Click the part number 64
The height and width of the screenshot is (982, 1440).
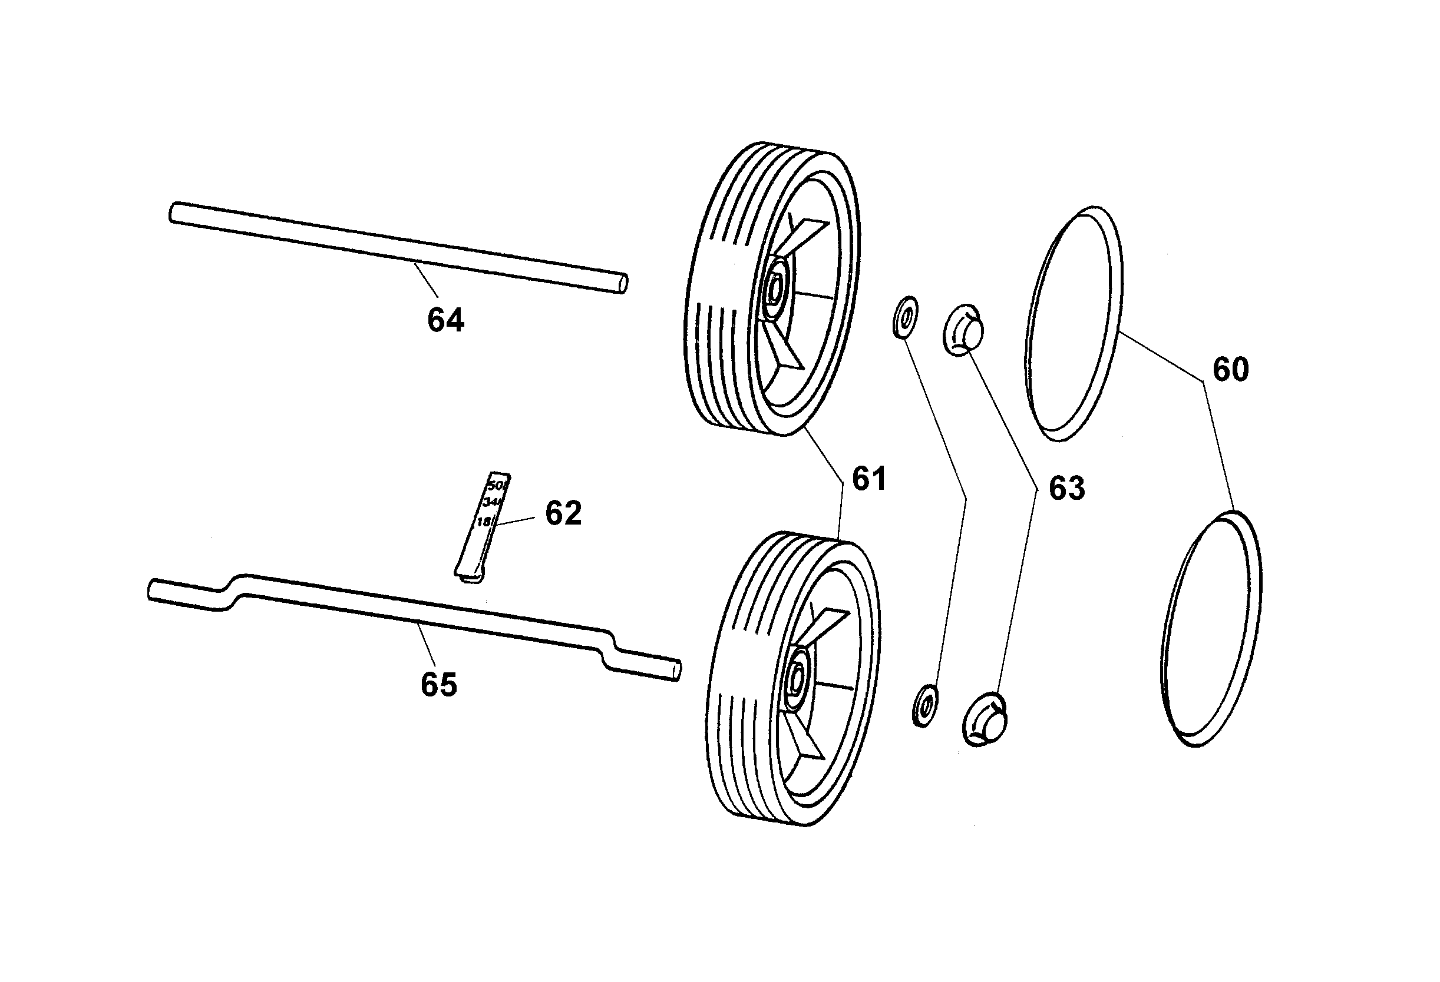(445, 320)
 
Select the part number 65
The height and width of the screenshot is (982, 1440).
(439, 685)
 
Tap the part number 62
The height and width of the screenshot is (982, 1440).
(563, 513)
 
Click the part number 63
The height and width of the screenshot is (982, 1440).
(1066, 488)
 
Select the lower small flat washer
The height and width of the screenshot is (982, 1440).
(924, 706)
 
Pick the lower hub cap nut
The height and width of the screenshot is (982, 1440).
(985, 720)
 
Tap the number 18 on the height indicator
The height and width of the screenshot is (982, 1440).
(484, 522)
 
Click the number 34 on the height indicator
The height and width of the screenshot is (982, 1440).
(493, 502)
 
